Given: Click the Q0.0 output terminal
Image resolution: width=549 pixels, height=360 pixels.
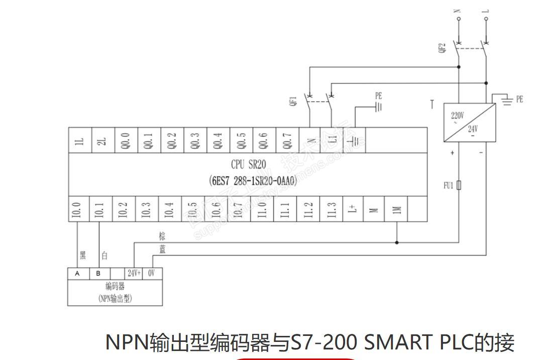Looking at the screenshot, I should tap(126, 140).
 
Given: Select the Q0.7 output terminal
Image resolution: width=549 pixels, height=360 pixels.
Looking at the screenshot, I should tap(287, 140).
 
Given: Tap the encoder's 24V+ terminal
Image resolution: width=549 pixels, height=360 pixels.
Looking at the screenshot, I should tap(134, 273).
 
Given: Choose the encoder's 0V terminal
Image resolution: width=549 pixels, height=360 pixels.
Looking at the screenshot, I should tap(152, 273).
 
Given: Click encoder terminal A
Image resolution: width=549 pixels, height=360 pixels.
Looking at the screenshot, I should tap(77, 273).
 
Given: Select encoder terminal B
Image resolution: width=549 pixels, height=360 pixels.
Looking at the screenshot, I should tap(98, 273).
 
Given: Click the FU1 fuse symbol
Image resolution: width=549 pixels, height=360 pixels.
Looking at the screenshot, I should tap(459, 185).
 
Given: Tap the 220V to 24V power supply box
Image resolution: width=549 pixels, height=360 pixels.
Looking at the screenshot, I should tap(469, 123).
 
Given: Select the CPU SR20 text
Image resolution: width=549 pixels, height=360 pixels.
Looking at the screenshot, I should tap(248, 165).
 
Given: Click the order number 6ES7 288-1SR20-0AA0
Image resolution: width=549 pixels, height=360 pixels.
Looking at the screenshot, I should tap(253, 180).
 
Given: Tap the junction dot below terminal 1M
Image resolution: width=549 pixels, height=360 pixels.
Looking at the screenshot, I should tap(397, 243).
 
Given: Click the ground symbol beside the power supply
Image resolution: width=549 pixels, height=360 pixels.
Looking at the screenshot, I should tap(507, 101).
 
